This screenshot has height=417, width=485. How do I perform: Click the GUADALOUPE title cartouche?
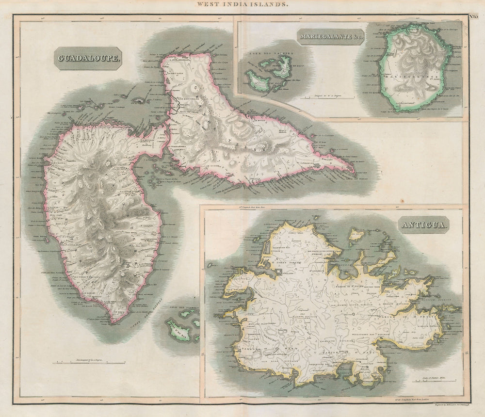click(87, 58)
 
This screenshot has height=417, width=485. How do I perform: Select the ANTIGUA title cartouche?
click(424, 225)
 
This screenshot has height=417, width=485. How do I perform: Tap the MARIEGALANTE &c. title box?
click(331, 36)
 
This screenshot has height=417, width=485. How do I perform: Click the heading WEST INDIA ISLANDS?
click(242, 4)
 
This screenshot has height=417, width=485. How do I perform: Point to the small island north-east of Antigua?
click(356, 236)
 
